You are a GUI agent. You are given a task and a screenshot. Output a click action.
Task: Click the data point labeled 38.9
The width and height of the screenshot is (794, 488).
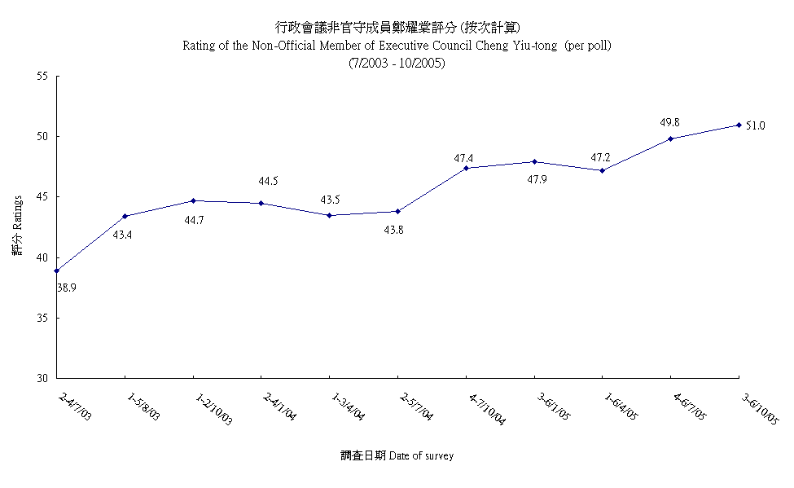click(56, 270)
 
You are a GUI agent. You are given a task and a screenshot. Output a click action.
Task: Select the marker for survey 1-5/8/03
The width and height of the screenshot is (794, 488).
click(125, 216)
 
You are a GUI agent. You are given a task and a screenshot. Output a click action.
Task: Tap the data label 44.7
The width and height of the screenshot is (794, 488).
click(193, 220)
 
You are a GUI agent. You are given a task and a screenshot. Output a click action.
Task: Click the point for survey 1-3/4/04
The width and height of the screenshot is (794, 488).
click(329, 215)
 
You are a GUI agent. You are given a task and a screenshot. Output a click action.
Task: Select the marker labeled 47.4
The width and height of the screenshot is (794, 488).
click(466, 168)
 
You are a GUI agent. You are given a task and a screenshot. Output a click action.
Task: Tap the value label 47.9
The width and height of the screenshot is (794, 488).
click(534, 178)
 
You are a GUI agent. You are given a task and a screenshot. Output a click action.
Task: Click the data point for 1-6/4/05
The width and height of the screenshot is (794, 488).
click(602, 170)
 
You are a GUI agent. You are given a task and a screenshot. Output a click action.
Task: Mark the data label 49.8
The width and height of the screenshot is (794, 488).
click(669, 122)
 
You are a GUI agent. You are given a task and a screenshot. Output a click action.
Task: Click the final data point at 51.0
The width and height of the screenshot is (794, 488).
click(739, 125)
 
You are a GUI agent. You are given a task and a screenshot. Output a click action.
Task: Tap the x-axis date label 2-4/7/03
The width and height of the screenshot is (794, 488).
click(76, 405)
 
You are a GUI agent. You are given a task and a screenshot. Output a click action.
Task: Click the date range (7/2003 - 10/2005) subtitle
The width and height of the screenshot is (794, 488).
click(397, 63)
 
